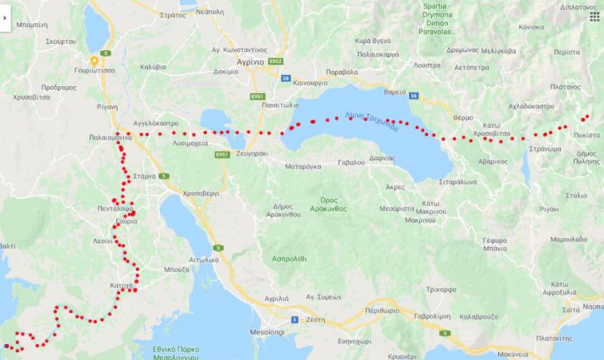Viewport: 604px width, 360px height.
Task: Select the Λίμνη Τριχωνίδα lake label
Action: click(x=370, y=122)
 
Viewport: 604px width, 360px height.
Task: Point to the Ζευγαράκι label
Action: click(x=246, y=152)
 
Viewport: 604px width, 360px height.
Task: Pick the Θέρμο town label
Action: click(x=463, y=118)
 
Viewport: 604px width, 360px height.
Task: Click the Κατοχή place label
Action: click(x=125, y=288)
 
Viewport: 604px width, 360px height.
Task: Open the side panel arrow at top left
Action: click(x=5, y=23)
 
